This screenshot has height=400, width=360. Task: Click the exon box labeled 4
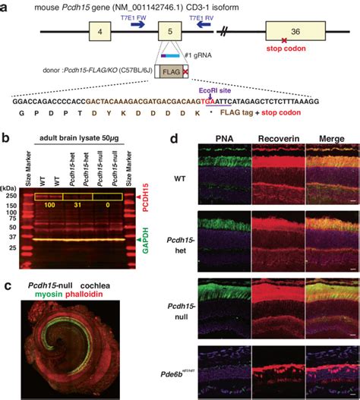(x=99, y=33)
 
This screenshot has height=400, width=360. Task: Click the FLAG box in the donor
(x=172, y=73)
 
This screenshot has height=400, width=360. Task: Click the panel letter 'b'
(x=5, y=138)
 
